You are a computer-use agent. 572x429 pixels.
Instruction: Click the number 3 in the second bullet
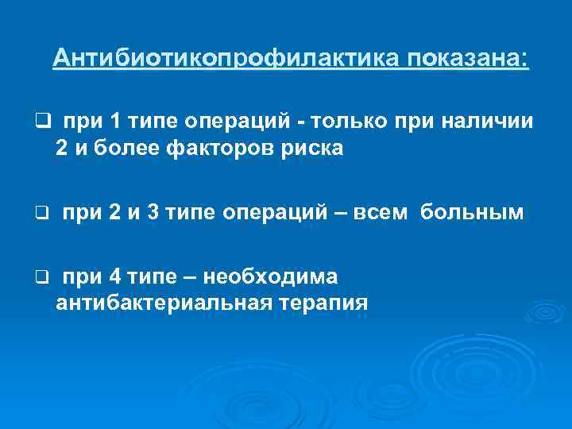click(x=149, y=213)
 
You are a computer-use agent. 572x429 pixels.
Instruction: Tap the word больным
click(x=473, y=213)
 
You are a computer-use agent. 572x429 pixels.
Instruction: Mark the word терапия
click(x=323, y=303)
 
